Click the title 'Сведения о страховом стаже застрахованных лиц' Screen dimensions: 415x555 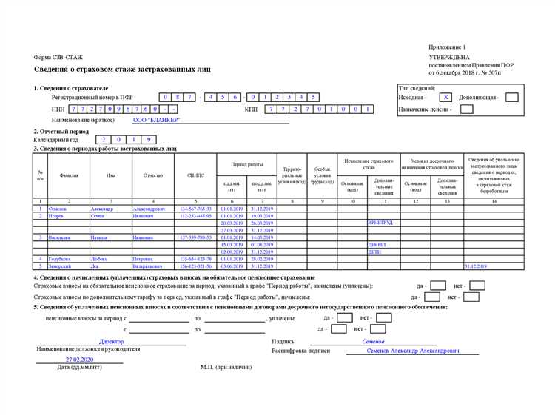[x=122, y=70]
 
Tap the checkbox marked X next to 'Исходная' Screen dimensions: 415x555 [x=445, y=97]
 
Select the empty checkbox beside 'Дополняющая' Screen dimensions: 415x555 [x=511, y=97]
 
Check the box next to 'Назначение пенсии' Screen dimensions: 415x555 [x=466, y=109]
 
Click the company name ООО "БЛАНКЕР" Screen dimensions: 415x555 [x=156, y=120]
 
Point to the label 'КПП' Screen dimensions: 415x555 [x=251, y=109]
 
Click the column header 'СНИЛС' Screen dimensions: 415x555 [x=195, y=175]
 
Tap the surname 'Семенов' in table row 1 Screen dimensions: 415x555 [x=58, y=209]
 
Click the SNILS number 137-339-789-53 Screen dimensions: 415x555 [x=195, y=237]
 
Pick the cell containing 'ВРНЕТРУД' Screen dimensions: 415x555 [x=380, y=223]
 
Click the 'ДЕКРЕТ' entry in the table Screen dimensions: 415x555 [x=377, y=244]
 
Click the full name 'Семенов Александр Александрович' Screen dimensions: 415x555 [x=412, y=351]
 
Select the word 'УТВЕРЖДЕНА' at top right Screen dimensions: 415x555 [x=448, y=57]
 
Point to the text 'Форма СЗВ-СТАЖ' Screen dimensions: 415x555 [x=58, y=57]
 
